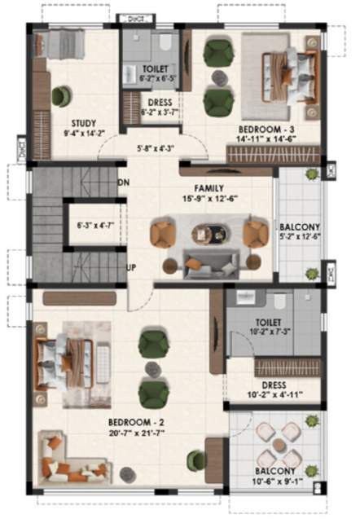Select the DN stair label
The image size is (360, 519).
tap(124, 183)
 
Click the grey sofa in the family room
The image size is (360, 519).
tap(210, 263)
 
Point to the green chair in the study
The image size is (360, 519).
tap(61, 96)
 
